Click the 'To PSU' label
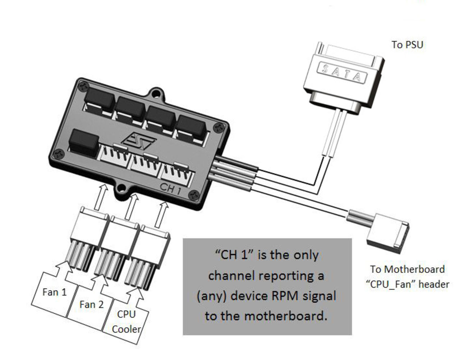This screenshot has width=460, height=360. pyautogui.click(x=407, y=45)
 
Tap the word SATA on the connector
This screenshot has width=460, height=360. pyautogui.click(x=342, y=73)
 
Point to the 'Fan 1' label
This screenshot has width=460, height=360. pyautogui.click(x=55, y=292)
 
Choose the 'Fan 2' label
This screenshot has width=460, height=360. pyautogui.click(x=91, y=305)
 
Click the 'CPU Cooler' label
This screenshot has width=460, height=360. pyautogui.click(x=126, y=322)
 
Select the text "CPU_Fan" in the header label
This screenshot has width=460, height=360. pyautogui.click(x=393, y=284)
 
